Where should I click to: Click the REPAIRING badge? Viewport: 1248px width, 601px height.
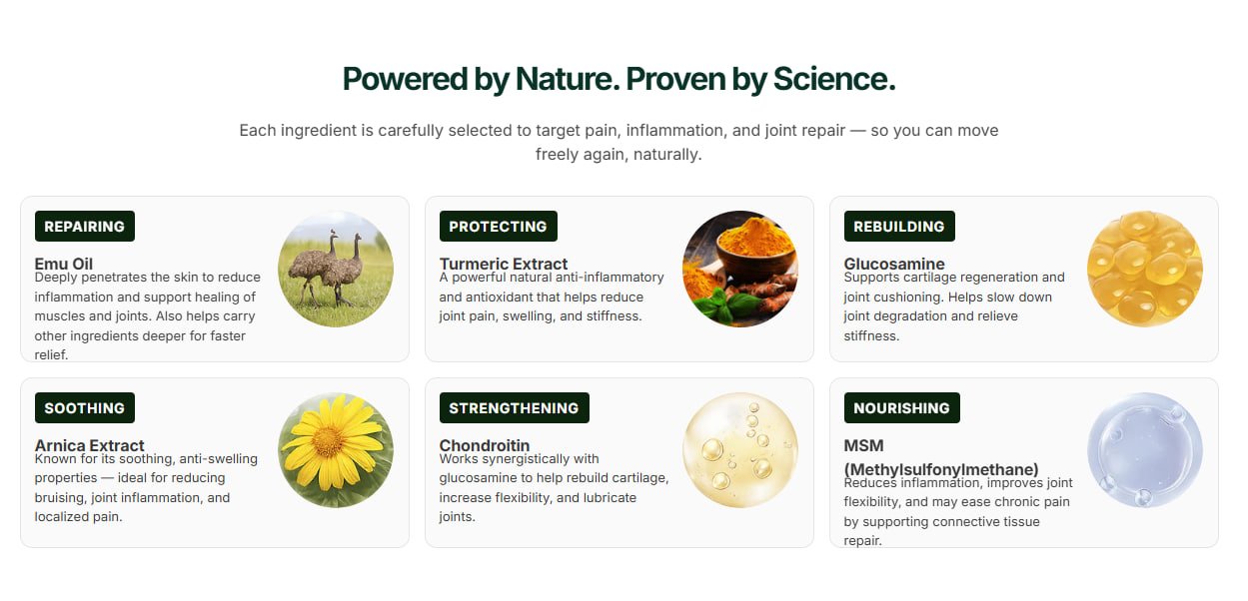(x=85, y=226)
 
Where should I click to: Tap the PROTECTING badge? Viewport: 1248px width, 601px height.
(x=498, y=226)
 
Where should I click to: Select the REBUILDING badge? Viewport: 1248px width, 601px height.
(x=899, y=226)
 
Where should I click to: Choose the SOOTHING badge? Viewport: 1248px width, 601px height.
(x=85, y=408)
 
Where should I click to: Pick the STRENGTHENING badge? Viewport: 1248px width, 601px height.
(x=514, y=408)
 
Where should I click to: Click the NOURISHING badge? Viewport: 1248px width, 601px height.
(x=901, y=408)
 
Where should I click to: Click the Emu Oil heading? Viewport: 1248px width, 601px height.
(x=64, y=264)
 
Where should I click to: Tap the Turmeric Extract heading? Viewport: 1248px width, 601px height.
(x=504, y=264)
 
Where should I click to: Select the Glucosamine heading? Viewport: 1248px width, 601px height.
(x=894, y=264)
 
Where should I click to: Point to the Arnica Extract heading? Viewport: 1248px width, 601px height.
(x=89, y=445)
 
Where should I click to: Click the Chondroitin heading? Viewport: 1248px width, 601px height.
(x=485, y=445)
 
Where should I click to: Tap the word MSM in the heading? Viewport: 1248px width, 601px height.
(x=863, y=445)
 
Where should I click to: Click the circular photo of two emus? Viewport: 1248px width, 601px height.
(x=336, y=269)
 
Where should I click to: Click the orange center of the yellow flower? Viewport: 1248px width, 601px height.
(x=328, y=442)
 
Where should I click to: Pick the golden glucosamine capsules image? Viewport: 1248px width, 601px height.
(x=1144, y=269)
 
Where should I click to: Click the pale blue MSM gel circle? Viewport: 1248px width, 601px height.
(x=1144, y=450)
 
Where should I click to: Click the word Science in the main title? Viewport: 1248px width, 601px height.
(x=834, y=79)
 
